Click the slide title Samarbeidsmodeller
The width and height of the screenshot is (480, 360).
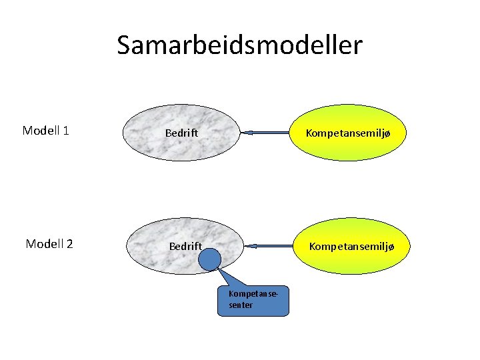[x=239, y=46]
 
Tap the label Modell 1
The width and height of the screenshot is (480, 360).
[x=46, y=131]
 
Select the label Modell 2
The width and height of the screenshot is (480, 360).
[x=49, y=244]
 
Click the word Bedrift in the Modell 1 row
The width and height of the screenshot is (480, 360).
[x=182, y=133]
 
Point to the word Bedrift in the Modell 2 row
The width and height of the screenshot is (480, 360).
[x=185, y=247]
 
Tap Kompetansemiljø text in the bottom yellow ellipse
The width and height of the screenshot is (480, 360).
[x=351, y=247]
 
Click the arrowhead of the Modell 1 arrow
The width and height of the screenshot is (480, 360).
[x=245, y=133]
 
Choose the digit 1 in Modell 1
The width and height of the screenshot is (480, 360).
[x=65, y=131]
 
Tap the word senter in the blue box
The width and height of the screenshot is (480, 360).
[x=241, y=305]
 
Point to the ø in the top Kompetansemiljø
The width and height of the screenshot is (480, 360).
[x=387, y=133]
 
